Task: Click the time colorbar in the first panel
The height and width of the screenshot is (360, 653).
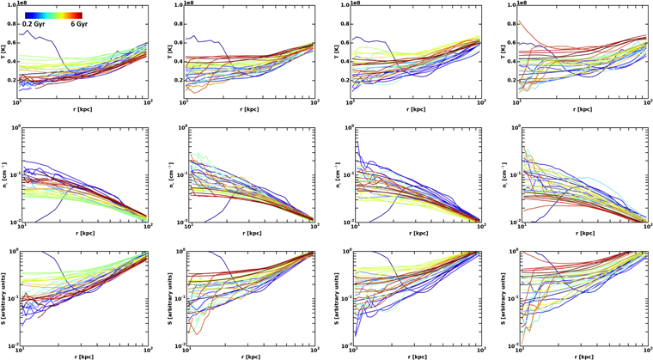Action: click(53, 15)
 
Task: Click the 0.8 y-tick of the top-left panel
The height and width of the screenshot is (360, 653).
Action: click(14, 25)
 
